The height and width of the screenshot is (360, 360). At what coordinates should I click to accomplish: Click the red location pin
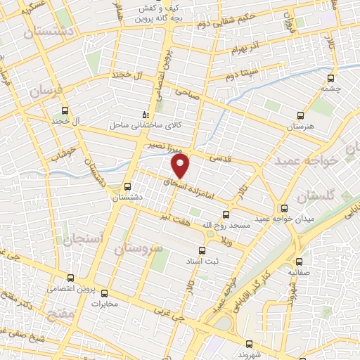click(181, 166)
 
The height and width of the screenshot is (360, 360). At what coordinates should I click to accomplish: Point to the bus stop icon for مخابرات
click(105, 294)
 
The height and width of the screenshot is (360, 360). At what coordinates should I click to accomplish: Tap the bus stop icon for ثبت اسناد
click(202, 250)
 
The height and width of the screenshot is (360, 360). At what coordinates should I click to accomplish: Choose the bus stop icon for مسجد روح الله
click(226, 215)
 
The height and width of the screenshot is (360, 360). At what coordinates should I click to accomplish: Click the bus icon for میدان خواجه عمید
click(284, 208)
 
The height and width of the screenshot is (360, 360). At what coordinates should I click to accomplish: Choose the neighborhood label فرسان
click(46, 91)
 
